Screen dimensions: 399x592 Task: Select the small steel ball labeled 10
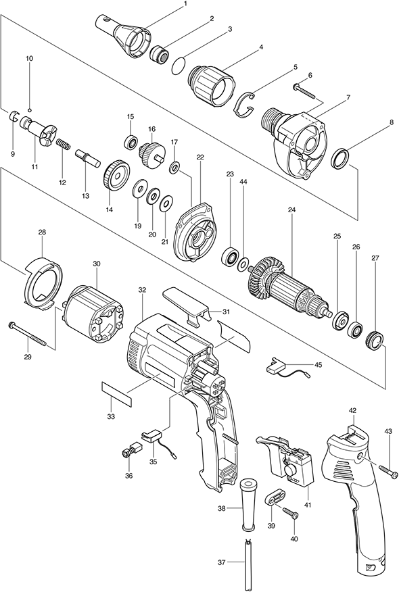point(30,110)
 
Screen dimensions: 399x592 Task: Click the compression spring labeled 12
point(64,144)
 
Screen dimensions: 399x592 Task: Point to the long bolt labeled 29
point(27,333)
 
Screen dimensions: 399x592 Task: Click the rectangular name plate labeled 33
point(117,393)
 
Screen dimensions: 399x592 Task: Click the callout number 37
point(222,562)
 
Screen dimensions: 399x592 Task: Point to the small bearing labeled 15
point(131,142)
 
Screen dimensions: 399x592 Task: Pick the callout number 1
point(185,4)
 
